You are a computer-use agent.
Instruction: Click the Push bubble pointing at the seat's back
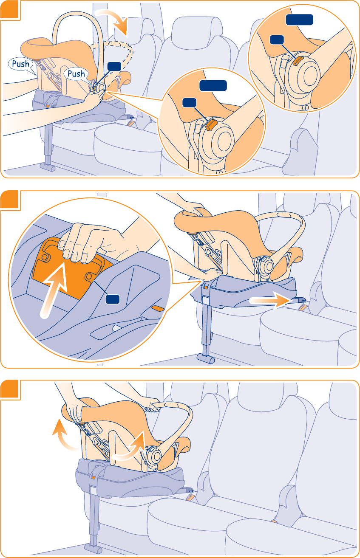20,64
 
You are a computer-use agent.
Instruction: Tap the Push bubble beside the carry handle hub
77,74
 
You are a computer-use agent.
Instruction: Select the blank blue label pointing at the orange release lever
112,299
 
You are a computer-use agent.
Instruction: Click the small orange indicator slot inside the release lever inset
157,308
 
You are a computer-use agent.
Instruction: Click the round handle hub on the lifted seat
153,457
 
